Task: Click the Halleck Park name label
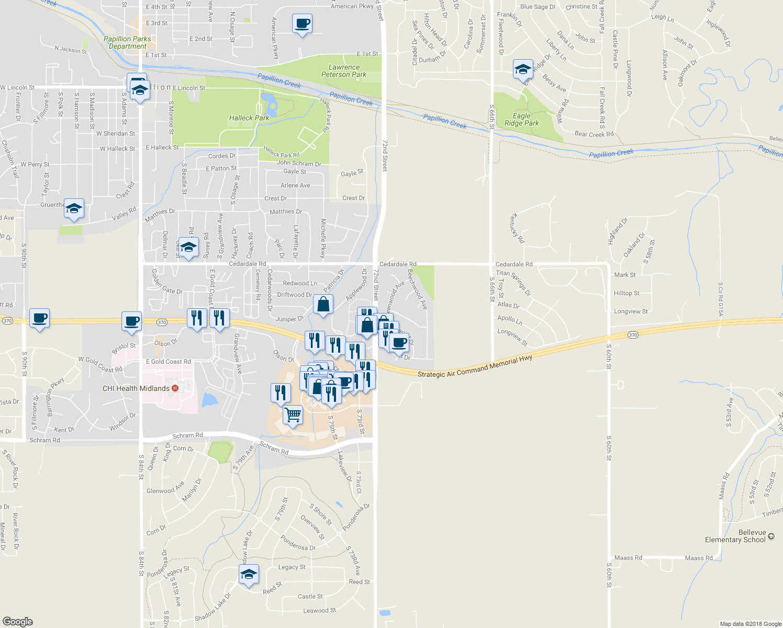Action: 249,118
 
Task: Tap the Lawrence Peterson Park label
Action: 344,71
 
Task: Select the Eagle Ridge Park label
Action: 521,119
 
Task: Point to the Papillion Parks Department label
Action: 127,42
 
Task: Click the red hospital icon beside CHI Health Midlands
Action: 175,388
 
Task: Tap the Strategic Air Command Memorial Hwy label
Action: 475,366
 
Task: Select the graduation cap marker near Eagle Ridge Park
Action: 523,69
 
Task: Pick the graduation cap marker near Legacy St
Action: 249,574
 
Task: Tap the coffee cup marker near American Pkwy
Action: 303,24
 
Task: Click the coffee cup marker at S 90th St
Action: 40,318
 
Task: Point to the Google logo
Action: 18,622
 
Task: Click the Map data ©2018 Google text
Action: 751,624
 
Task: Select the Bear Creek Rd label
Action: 594,134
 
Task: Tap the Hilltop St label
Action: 627,293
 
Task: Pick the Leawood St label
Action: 319,610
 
